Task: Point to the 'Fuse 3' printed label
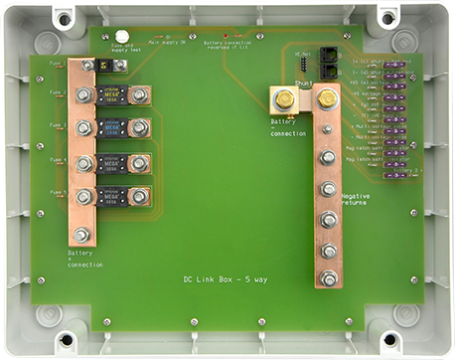pyautogui.click(x=58, y=125)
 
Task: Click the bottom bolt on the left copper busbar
pyautogui.click(x=81, y=236)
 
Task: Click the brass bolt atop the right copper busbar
pyautogui.click(x=325, y=97)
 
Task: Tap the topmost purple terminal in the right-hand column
pyautogui.click(x=392, y=66)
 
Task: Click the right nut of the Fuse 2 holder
pyautogui.click(x=139, y=96)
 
